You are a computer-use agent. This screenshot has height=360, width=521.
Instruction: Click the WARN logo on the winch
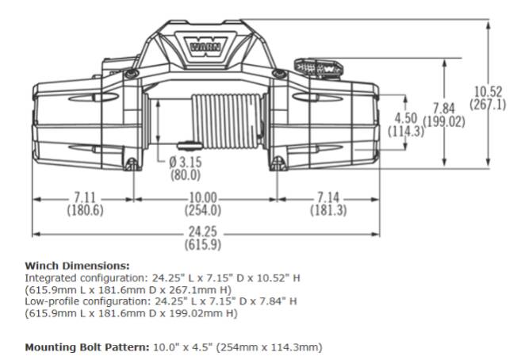point(205,47)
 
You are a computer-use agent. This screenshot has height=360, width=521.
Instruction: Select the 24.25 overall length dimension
point(203,232)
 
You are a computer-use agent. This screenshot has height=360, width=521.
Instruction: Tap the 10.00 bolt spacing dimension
point(203,198)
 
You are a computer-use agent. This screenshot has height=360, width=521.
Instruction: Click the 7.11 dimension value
point(85,198)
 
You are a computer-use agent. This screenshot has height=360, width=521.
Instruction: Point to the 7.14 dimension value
point(328,198)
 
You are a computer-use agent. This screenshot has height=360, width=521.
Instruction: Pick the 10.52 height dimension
point(488,92)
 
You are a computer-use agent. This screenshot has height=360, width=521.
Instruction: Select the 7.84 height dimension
point(443,109)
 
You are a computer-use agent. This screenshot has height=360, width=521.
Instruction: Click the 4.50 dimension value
point(406,118)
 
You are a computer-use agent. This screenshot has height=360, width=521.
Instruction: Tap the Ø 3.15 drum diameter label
point(186,163)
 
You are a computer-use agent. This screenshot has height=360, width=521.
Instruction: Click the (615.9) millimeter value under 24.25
point(203,245)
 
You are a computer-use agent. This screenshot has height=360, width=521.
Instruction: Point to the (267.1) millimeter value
point(488,105)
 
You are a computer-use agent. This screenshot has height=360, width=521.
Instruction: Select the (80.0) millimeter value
point(186,175)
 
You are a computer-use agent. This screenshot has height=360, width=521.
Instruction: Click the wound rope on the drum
point(227,121)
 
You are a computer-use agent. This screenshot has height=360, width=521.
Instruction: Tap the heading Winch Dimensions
point(77,266)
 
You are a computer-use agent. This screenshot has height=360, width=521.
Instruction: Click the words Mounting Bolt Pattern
point(87,347)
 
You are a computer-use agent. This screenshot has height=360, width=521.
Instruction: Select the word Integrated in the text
point(52,278)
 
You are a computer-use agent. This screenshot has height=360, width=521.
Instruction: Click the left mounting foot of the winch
point(132,164)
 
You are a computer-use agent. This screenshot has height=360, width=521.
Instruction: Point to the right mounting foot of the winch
point(278,164)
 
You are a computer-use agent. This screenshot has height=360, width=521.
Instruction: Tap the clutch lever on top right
point(318,69)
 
